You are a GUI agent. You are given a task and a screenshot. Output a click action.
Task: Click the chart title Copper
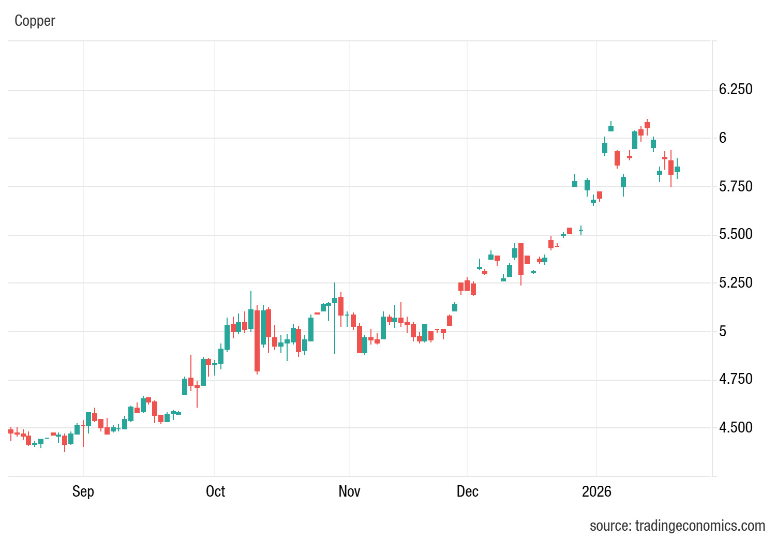tap(35, 21)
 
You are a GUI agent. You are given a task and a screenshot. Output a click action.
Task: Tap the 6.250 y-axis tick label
tap(736, 89)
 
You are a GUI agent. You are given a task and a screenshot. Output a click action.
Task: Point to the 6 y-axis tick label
tap(723, 138)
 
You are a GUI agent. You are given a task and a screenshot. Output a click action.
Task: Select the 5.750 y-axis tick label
tap(736, 186)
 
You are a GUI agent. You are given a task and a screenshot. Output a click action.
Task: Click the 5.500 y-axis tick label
tap(736, 234)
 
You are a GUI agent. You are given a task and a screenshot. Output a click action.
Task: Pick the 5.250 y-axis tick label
tap(736, 282)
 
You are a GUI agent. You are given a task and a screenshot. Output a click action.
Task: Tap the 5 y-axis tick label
tap(723, 331)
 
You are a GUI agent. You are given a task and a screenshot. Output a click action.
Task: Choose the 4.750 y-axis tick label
tap(736, 379)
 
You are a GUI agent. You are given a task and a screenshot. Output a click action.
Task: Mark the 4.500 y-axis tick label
tap(736, 427)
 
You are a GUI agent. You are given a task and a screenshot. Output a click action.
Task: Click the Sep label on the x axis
tap(83, 491)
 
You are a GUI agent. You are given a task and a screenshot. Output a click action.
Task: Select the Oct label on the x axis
tap(215, 491)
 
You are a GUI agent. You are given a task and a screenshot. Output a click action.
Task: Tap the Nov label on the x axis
tap(349, 491)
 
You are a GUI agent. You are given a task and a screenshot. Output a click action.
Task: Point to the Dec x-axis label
tap(467, 491)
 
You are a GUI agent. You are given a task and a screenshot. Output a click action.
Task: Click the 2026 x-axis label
tap(596, 491)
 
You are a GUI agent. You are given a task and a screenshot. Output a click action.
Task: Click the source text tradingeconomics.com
tap(677, 526)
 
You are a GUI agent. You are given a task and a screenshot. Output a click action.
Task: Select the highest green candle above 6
tap(611, 128)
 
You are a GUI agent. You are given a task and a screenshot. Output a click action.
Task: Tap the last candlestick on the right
tap(677, 169)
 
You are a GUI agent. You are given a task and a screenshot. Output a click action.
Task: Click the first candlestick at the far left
tap(11, 431)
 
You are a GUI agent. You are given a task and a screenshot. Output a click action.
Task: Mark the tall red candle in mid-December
tap(521, 259)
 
